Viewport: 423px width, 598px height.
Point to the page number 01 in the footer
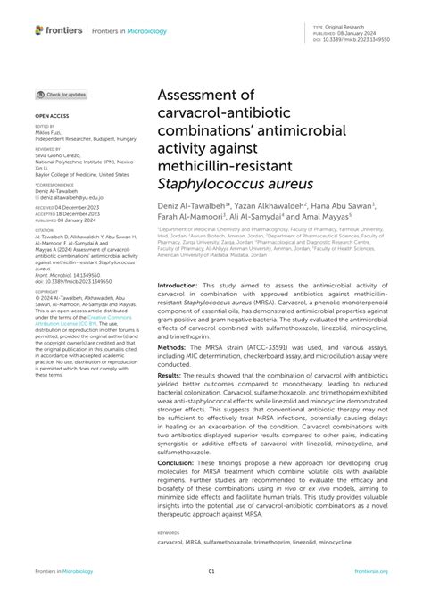tap(211, 572)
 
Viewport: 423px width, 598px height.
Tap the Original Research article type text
tap(347, 29)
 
